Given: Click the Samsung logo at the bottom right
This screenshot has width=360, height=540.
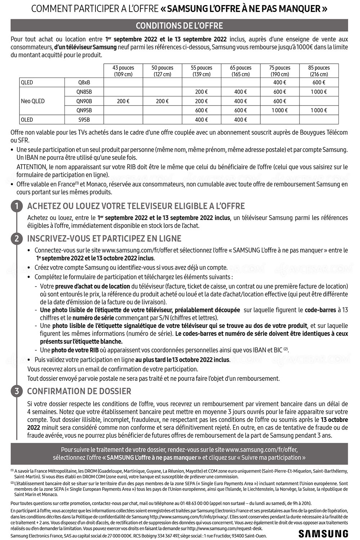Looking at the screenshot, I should click(323, 533).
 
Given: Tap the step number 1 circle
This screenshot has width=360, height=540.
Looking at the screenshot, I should click(16, 206).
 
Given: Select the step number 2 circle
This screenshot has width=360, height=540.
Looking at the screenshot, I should click(16, 238).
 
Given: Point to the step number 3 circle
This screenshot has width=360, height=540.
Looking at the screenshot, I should click(16, 391).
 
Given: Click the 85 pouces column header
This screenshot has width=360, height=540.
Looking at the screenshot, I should click(319, 71).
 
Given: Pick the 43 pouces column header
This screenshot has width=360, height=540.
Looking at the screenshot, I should click(123, 71).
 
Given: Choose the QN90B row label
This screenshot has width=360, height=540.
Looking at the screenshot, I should click(84, 101).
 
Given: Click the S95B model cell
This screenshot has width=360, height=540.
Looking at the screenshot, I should click(84, 120).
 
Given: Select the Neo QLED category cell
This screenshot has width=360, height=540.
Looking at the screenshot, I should click(33, 101).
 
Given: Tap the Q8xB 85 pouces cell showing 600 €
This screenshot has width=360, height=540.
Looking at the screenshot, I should click(319, 82).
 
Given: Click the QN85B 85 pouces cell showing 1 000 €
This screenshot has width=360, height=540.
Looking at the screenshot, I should click(319, 92).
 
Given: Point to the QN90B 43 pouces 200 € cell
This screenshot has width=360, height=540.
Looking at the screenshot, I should click(123, 101).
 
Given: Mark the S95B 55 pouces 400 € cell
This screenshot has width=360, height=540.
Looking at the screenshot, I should click(201, 120).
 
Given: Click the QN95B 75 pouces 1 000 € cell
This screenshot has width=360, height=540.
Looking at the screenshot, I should click(280, 111).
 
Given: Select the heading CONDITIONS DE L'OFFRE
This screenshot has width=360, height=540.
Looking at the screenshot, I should click(179, 26).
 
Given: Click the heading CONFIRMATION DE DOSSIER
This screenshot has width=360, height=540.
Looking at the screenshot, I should click(79, 391).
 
